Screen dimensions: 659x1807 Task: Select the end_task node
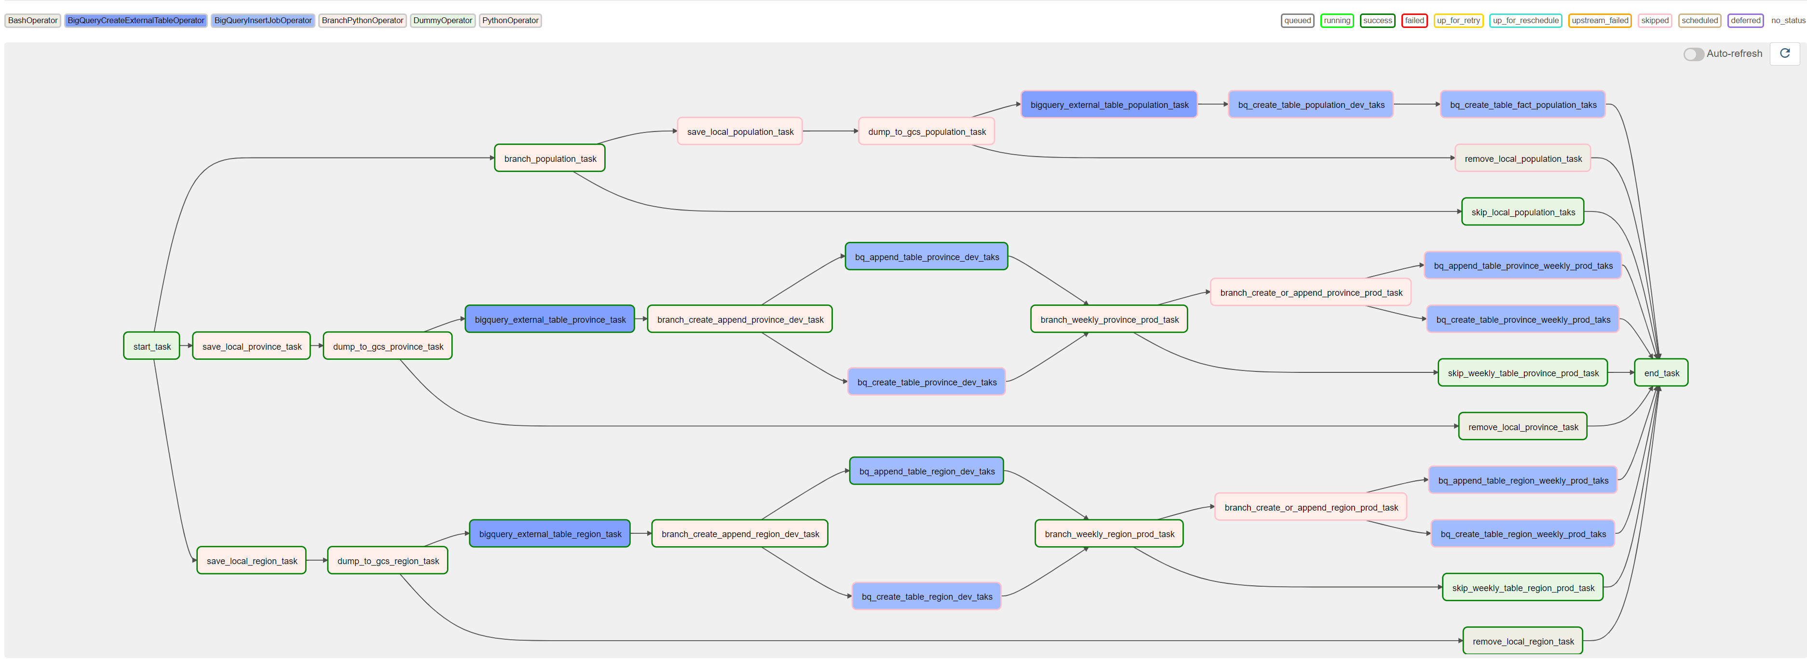1660,373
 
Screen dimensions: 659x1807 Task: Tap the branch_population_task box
549,158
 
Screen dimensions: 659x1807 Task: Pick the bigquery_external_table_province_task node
549,320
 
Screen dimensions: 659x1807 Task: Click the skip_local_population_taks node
1522,212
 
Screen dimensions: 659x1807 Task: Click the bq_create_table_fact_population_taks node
1522,105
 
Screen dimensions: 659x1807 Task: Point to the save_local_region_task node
251,561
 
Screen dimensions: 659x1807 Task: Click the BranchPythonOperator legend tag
362,20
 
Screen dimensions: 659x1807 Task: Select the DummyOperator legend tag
443,20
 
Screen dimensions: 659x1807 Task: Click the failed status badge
1414,20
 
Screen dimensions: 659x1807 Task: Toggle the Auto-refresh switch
1693,54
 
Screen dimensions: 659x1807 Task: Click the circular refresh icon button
1784,53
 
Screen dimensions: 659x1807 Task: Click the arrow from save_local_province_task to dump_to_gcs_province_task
316,345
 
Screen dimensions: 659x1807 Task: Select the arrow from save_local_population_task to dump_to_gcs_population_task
830,131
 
